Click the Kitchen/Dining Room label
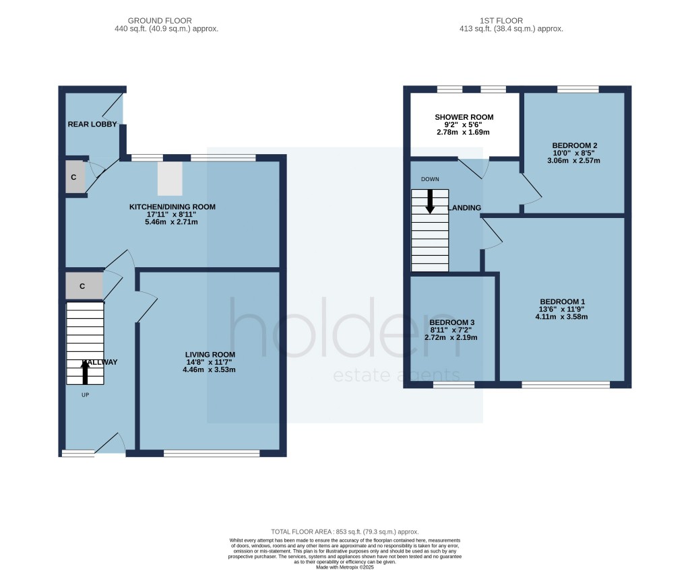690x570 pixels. [172, 207]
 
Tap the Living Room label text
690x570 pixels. [210, 355]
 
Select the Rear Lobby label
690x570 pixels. [92, 124]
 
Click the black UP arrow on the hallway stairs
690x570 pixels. [85, 371]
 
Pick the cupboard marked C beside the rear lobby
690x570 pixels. [75, 178]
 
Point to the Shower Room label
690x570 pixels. [464, 117]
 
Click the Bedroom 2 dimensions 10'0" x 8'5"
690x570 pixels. [575, 153]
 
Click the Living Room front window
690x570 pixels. [212, 454]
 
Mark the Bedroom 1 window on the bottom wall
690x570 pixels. [566, 385]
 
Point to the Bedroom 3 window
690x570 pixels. [453, 385]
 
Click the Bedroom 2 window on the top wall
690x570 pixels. [577, 89]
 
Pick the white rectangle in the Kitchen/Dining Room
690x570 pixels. [170, 178]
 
